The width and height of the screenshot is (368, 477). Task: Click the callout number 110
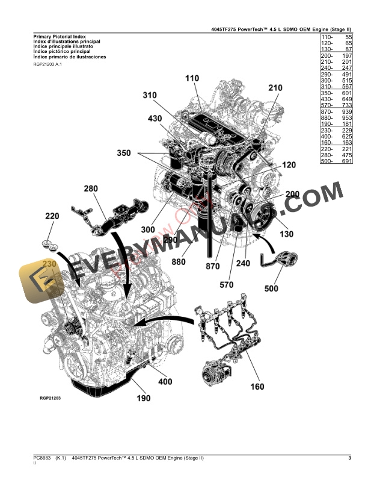click(x=192, y=79)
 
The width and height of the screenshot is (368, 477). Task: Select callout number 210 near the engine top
click(x=275, y=88)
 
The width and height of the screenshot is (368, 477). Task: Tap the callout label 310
click(x=150, y=95)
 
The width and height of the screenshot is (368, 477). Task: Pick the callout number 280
click(x=90, y=189)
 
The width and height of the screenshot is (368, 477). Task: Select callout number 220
click(x=52, y=216)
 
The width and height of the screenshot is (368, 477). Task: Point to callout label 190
click(x=143, y=399)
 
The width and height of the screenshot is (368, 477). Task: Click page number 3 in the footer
click(x=349, y=459)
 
